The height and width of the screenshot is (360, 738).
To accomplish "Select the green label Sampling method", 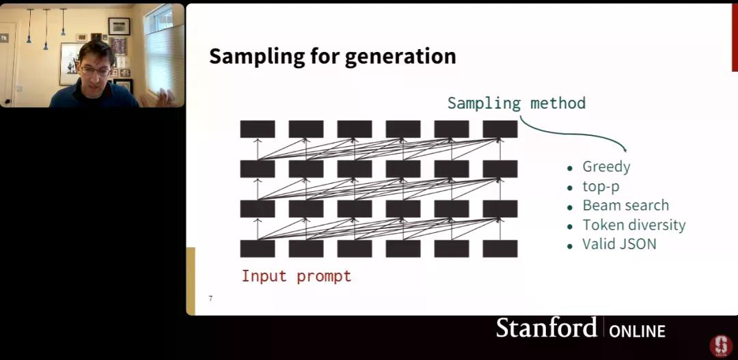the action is coord(517,103).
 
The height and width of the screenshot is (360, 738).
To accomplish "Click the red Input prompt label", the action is coord(297,276).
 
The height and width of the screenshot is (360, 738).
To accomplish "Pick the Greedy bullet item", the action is coord(606,167).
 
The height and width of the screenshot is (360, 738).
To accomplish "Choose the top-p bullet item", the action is coord(601,186).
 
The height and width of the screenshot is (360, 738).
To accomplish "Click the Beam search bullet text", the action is coord(625,206).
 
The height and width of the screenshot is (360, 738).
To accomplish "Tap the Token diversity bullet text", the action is coord(634,225).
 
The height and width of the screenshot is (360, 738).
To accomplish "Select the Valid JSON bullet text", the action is coord(619,245).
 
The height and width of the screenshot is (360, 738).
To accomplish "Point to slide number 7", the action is coord(210,299).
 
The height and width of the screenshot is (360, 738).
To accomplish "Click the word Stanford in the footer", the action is coord(546,327).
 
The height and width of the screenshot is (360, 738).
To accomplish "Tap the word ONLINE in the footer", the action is coord(638,331).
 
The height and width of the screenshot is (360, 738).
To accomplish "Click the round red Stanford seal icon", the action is coord(721,346).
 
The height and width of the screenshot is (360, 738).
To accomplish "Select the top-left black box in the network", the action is coord(258,129).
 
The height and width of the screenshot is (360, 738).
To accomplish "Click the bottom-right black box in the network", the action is coord(500,249).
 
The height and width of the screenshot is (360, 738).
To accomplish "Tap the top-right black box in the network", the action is coord(500,129).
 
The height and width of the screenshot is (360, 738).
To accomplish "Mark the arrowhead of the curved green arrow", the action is coord(625,149).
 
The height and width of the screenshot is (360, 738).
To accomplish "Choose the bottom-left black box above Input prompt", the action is coord(258,249).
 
